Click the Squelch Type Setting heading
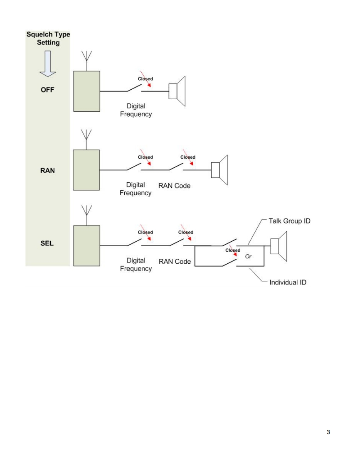(48, 38)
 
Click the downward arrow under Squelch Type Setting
(48, 64)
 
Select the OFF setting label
(47, 90)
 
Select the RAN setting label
(47, 170)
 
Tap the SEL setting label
(47, 243)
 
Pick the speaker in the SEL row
(279, 246)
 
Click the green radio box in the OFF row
(86, 91)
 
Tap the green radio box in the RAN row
(86, 170)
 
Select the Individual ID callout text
(288, 282)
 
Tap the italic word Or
(248, 257)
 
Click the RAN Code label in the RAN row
(174, 186)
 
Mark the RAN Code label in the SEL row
(175, 261)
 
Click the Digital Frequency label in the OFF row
(136, 110)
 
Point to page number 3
(328, 432)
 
